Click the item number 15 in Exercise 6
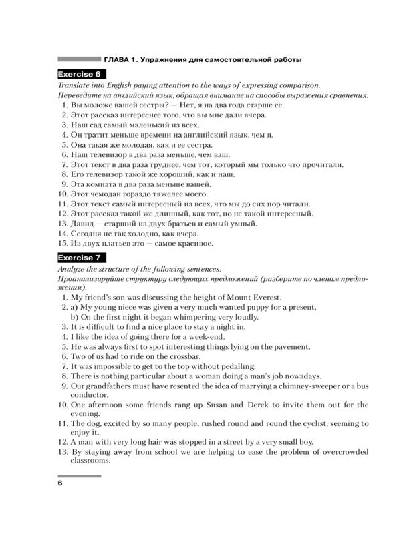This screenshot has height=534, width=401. [61, 244]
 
